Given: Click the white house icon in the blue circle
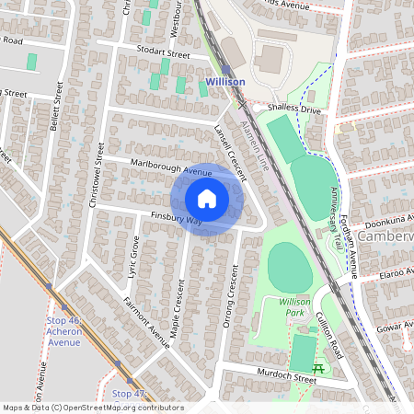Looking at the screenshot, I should (207, 199).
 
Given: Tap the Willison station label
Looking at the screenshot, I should (225, 82).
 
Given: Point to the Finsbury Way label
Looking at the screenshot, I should (176, 221).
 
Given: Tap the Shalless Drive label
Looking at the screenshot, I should (294, 109).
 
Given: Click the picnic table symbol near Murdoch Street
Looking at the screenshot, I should (318, 368).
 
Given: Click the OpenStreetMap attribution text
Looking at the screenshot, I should (93, 407).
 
